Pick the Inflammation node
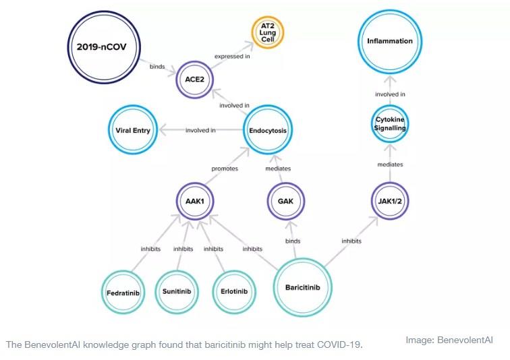click(x=389, y=41)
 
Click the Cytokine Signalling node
click(x=389, y=123)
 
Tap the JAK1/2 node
click(x=389, y=200)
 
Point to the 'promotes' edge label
click(x=225, y=169)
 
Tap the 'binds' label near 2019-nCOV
click(x=157, y=66)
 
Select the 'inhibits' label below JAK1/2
click(x=351, y=241)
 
